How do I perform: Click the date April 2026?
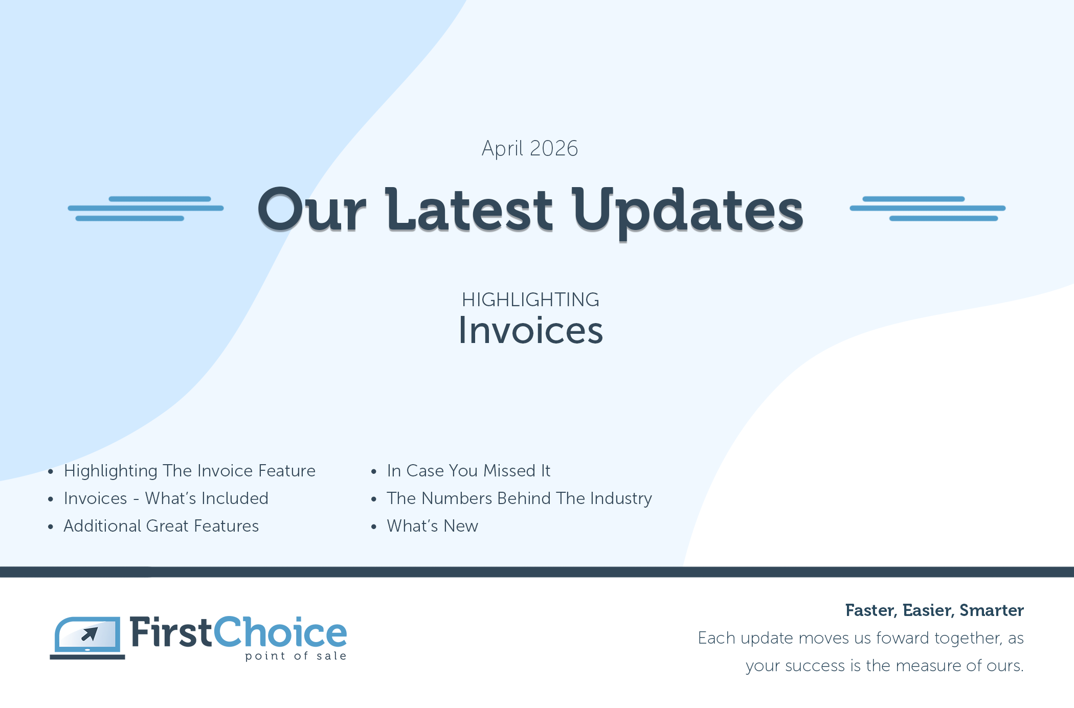click(x=530, y=149)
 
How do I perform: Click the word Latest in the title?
click(x=469, y=210)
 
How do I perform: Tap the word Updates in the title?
click(x=688, y=212)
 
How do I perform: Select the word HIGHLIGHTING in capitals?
click(x=530, y=300)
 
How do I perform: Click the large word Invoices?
click(x=530, y=330)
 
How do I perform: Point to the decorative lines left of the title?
click(x=146, y=209)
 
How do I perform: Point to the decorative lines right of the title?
click(x=928, y=209)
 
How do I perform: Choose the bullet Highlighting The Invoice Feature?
click(x=190, y=471)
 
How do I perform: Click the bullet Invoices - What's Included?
click(x=166, y=498)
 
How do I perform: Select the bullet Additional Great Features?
click(x=161, y=526)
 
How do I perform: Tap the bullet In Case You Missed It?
click(x=468, y=471)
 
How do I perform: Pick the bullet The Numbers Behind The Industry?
click(x=520, y=498)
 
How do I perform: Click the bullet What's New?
click(x=433, y=526)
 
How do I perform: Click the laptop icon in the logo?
click(x=87, y=638)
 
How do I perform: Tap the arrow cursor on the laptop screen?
click(x=90, y=634)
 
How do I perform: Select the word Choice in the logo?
click(x=280, y=632)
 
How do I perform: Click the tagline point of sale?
click(x=296, y=656)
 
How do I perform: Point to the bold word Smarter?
click(x=992, y=610)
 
